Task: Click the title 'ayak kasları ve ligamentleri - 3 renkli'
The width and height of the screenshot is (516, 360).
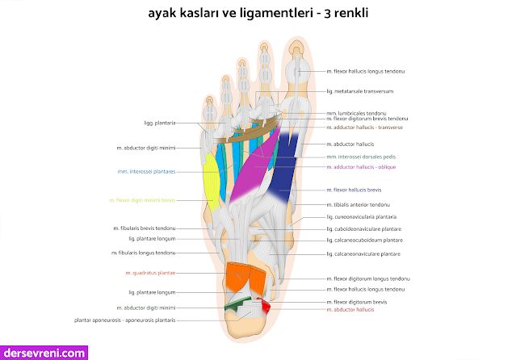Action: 258,14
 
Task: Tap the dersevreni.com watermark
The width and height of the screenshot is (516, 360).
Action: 44,352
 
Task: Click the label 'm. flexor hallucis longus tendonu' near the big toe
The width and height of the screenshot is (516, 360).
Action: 366,72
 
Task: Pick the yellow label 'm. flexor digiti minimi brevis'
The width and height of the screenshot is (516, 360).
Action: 142,200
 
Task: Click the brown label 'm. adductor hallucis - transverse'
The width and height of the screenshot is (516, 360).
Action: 364,128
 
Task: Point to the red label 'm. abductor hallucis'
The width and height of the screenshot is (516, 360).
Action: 353,309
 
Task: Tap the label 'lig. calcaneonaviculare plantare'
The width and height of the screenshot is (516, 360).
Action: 363,254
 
